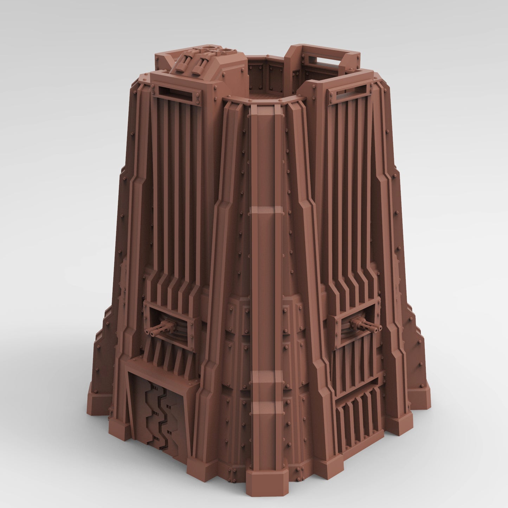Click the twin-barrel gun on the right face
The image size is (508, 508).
click(366, 324)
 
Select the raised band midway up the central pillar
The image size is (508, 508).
click(266, 211)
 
